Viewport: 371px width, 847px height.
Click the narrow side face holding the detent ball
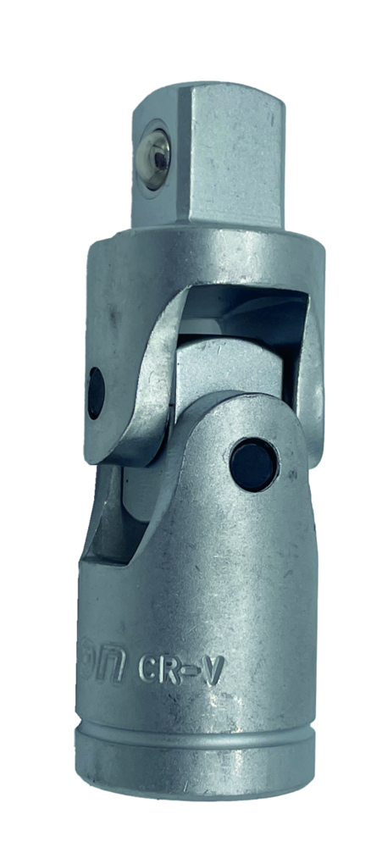tap(155, 161)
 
